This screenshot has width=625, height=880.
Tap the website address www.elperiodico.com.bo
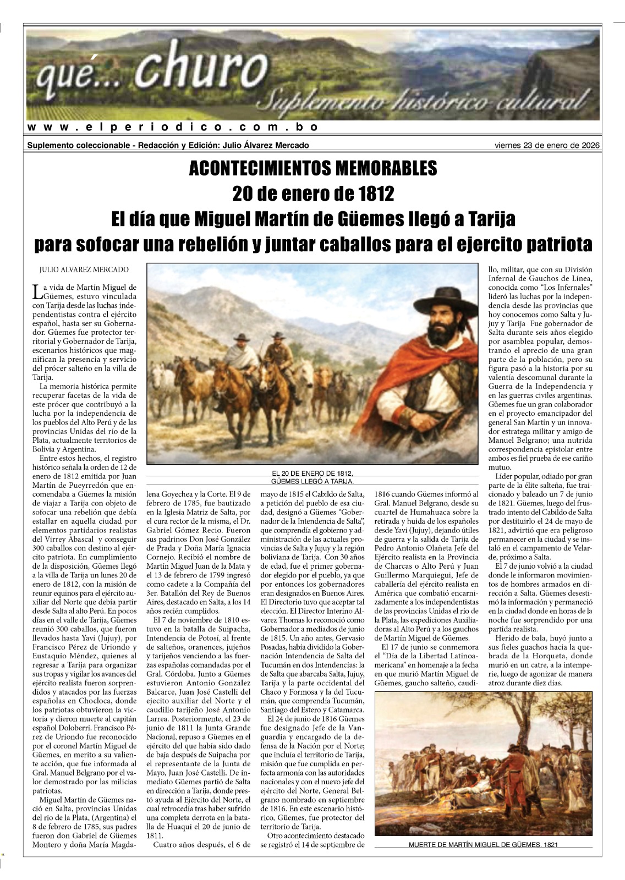tap(173, 128)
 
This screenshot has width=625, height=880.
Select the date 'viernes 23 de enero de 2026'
tap(547, 146)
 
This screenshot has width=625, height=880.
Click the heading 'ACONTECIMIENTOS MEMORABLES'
tap(312, 168)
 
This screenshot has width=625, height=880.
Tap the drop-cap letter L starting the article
tap(37, 291)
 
